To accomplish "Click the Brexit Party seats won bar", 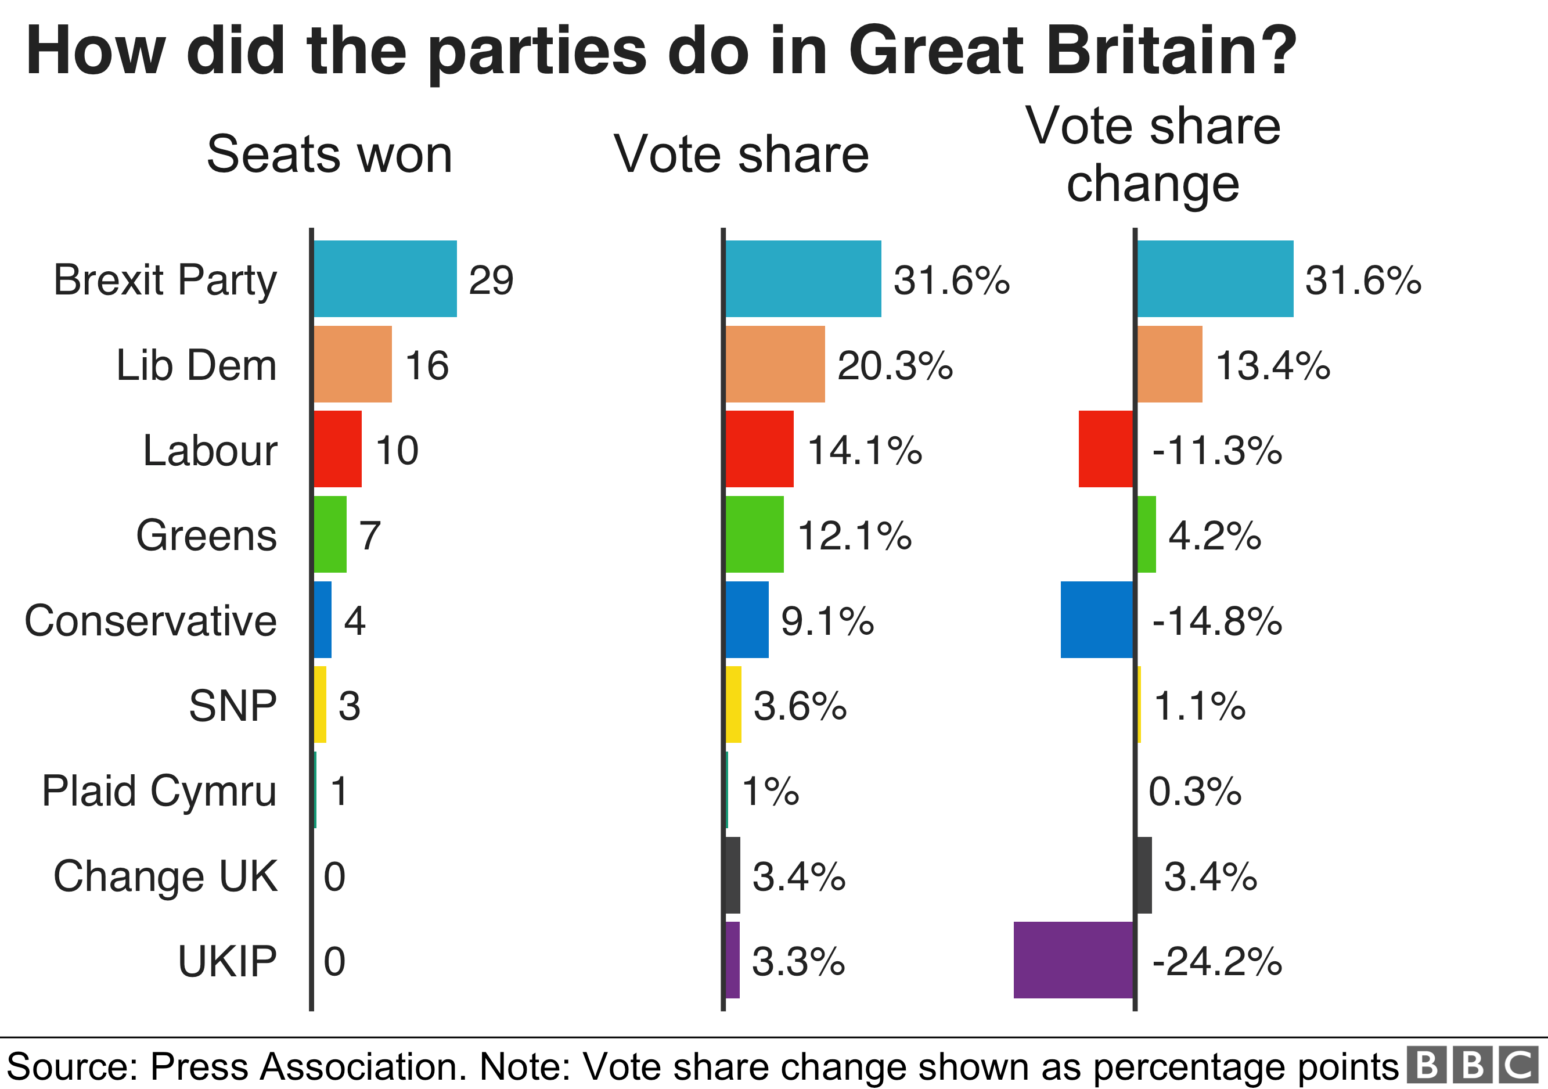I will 385,278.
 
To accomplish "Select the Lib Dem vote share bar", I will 775,364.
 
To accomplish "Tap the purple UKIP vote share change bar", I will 1074,959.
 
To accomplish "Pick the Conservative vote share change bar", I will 1097,619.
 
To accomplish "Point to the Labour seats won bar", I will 338,448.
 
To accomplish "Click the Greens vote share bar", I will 754,534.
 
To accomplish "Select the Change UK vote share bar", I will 732,875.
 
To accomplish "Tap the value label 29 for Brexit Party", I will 491,280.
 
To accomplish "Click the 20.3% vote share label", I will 895,365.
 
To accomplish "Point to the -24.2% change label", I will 1217,961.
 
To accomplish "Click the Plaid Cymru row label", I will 159,790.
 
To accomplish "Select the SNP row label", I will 233,705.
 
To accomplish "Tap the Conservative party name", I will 150,620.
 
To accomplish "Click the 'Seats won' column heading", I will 329,154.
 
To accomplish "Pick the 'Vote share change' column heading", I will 1153,154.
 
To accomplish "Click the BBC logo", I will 1473,1065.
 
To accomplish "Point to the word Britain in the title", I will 1072,51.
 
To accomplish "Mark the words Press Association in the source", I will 307,1067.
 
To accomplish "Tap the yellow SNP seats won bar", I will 321,705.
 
